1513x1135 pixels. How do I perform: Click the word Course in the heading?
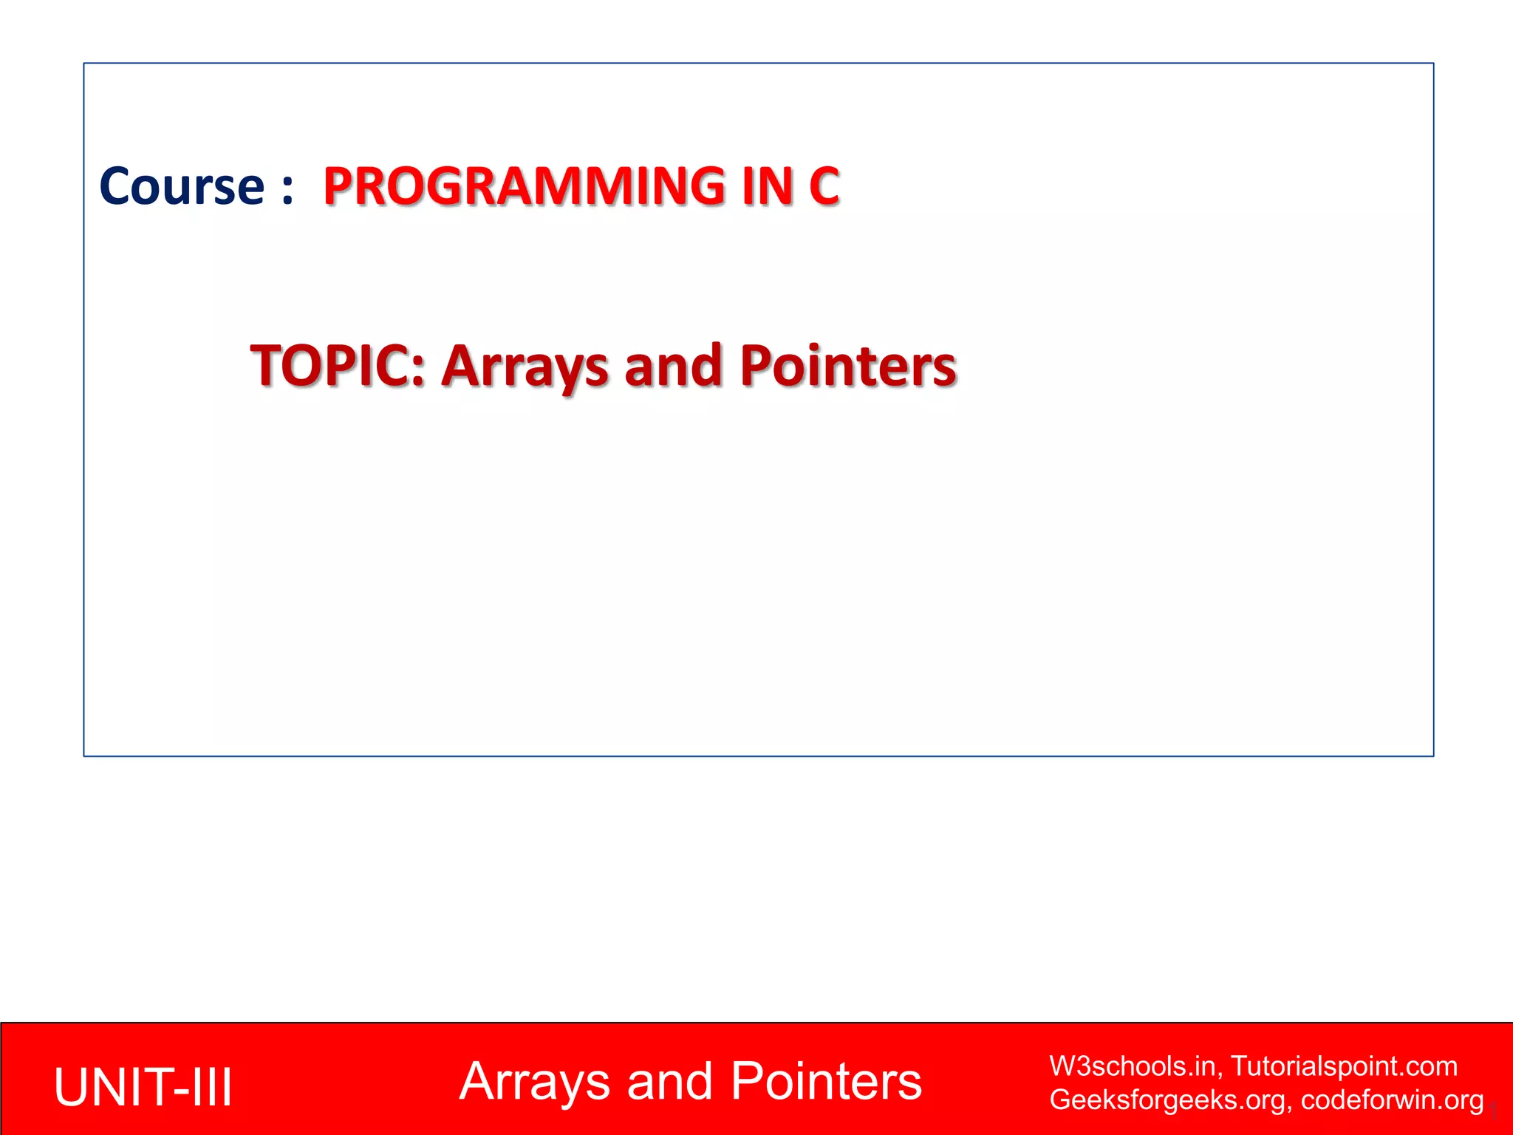click(182, 186)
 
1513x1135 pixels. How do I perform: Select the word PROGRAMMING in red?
click(525, 186)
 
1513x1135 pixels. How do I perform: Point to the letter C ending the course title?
click(824, 186)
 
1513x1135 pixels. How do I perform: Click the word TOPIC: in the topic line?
click(338, 366)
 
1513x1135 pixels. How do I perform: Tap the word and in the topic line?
click(673, 366)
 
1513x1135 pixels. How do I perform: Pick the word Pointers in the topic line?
click(848, 366)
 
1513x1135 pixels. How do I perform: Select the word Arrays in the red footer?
click(534, 1083)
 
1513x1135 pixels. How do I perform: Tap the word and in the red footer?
click(669, 1083)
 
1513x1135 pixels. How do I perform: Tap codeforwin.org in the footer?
click(1392, 1100)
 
